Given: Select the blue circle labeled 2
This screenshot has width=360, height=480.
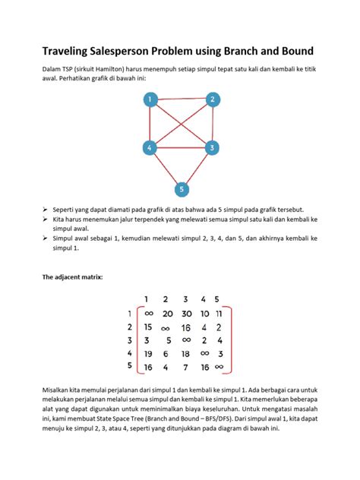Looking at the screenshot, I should point(213,99).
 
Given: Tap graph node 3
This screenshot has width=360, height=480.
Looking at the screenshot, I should point(213,147).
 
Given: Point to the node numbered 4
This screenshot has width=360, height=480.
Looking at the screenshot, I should point(150,147).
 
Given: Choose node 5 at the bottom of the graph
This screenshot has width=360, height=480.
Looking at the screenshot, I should point(181,188).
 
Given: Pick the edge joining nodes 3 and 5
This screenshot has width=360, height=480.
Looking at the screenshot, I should point(197,168).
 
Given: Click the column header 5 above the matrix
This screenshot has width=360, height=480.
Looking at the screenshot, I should point(217,299).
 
